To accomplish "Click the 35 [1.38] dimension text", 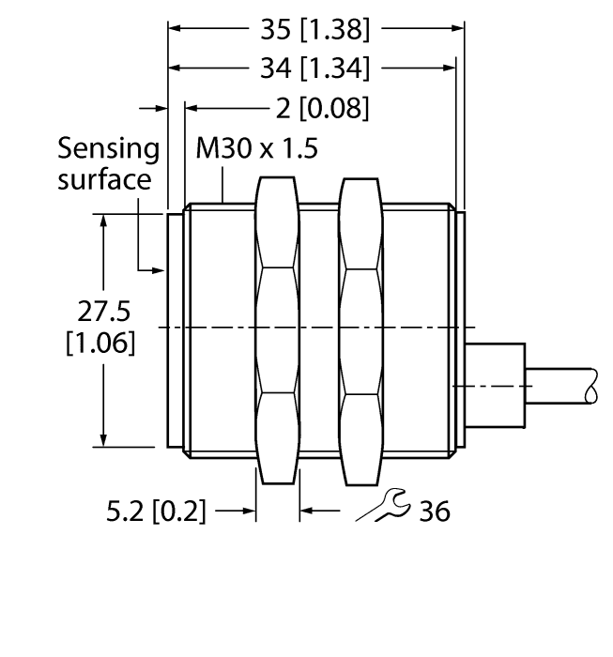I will (x=314, y=30).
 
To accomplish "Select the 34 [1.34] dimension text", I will (x=314, y=68).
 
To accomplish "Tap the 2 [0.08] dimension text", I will (x=321, y=107).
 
